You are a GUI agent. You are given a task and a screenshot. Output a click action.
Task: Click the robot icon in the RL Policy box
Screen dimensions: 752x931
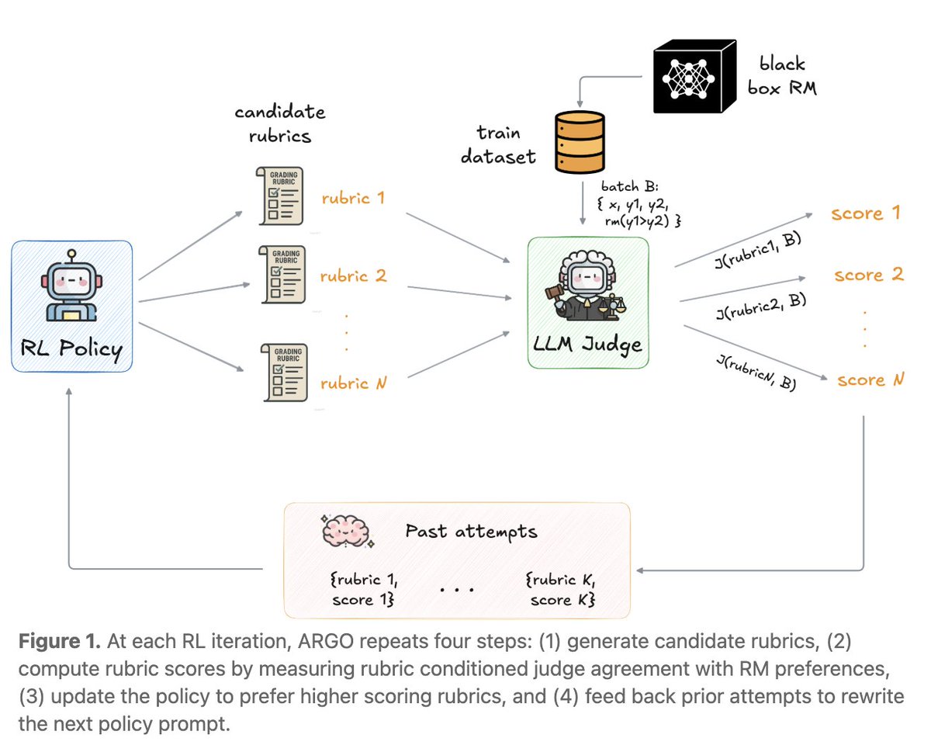(x=71, y=285)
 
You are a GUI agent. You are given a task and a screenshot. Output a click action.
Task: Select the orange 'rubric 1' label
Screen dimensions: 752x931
(x=353, y=198)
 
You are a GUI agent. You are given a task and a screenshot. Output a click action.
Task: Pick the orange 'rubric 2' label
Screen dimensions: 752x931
(x=353, y=276)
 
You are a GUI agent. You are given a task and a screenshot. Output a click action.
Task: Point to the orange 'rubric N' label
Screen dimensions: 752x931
(x=353, y=383)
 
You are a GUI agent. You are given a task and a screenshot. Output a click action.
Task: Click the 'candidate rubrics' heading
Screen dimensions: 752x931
(x=280, y=123)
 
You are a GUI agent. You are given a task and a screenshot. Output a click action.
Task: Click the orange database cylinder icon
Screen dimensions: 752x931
(x=576, y=145)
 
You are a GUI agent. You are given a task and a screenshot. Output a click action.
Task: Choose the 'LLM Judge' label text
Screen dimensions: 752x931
(x=588, y=342)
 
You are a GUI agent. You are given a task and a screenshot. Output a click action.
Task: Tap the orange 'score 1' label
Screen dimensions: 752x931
(x=865, y=213)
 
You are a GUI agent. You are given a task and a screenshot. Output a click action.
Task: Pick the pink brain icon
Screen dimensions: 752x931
(x=347, y=532)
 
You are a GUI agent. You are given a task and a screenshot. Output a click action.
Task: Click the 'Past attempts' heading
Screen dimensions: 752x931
(x=471, y=532)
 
